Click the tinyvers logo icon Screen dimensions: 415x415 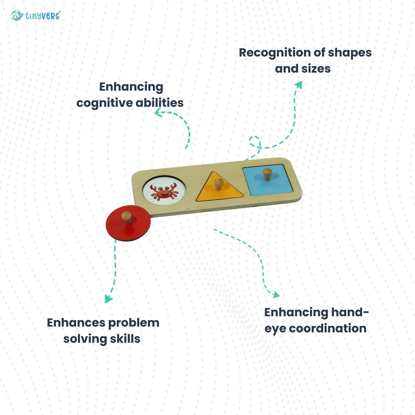click(17, 15)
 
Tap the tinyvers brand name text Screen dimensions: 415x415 click(43, 16)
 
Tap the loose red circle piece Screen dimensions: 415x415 click(128, 223)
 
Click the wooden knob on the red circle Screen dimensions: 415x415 click(126, 217)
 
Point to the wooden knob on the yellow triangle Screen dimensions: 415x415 click(219, 184)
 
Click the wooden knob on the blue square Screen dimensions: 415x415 click(267, 175)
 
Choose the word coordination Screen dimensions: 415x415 click(328, 329)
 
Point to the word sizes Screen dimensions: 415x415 click(316, 69)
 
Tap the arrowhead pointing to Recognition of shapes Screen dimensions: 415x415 click(299, 85)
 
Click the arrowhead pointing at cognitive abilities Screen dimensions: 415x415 click(158, 113)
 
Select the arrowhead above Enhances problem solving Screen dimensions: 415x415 click(108, 299)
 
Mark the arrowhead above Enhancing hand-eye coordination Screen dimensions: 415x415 click(276, 295)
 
